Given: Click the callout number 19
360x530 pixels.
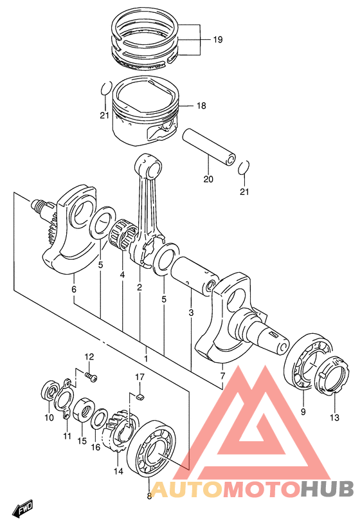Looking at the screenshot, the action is click(218, 39).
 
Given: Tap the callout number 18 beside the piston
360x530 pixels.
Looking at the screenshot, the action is click(201, 105).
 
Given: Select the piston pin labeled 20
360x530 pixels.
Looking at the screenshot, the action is click(210, 147).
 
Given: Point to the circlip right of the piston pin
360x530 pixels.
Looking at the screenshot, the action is click(244, 167).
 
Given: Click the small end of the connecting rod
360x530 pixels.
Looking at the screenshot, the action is click(148, 166).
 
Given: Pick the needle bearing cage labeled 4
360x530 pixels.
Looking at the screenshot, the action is click(123, 233).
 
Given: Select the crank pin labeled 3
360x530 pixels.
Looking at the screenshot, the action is click(195, 276).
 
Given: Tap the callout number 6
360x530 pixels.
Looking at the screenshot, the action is click(74, 289).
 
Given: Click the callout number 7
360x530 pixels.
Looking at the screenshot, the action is click(222, 376).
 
